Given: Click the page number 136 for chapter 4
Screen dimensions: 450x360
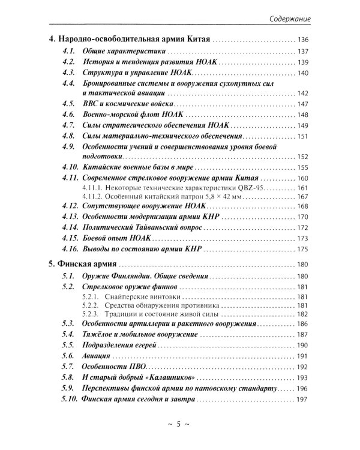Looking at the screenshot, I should point(302,40).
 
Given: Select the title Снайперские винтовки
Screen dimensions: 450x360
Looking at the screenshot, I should point(141,298).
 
